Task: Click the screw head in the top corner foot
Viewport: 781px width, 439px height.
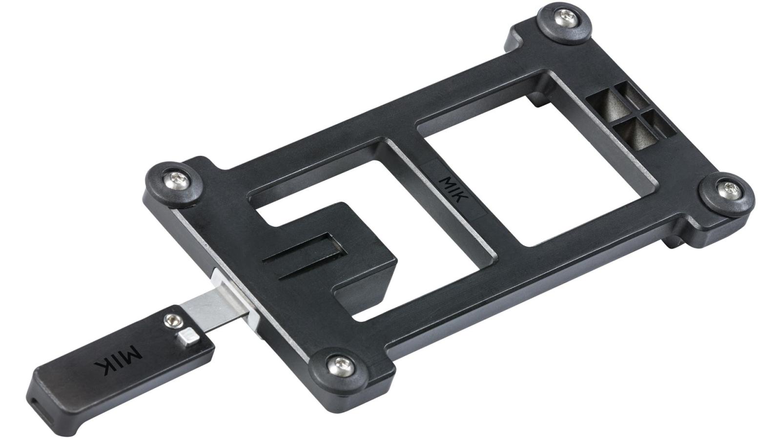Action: point(565,18)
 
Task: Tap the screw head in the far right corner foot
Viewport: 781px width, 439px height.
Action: point(729,190)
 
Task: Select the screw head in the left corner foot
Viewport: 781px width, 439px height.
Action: point(177,180)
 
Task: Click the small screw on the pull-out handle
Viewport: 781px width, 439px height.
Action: point(173,320)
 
